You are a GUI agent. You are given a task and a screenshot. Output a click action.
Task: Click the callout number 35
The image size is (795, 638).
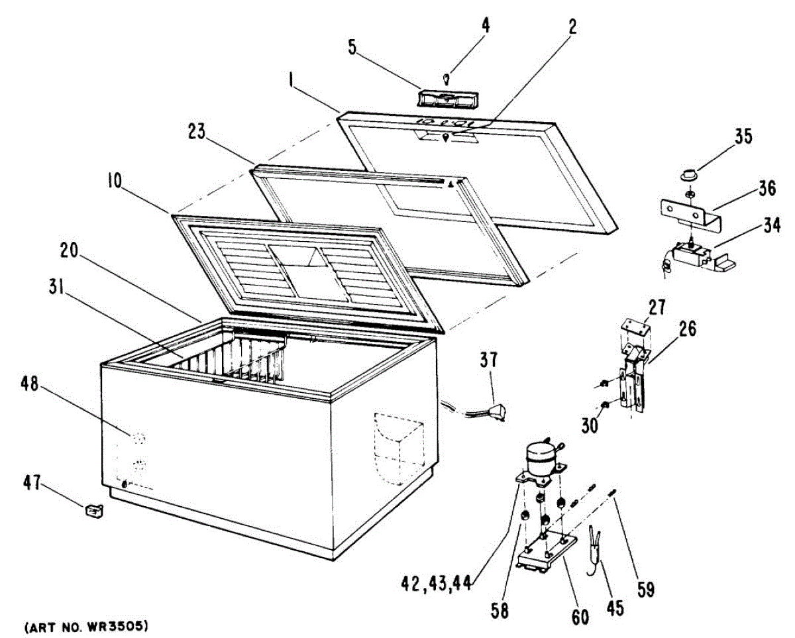(x=743, y=137)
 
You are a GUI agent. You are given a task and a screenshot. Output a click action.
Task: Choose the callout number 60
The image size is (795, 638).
(x=580, y=616)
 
